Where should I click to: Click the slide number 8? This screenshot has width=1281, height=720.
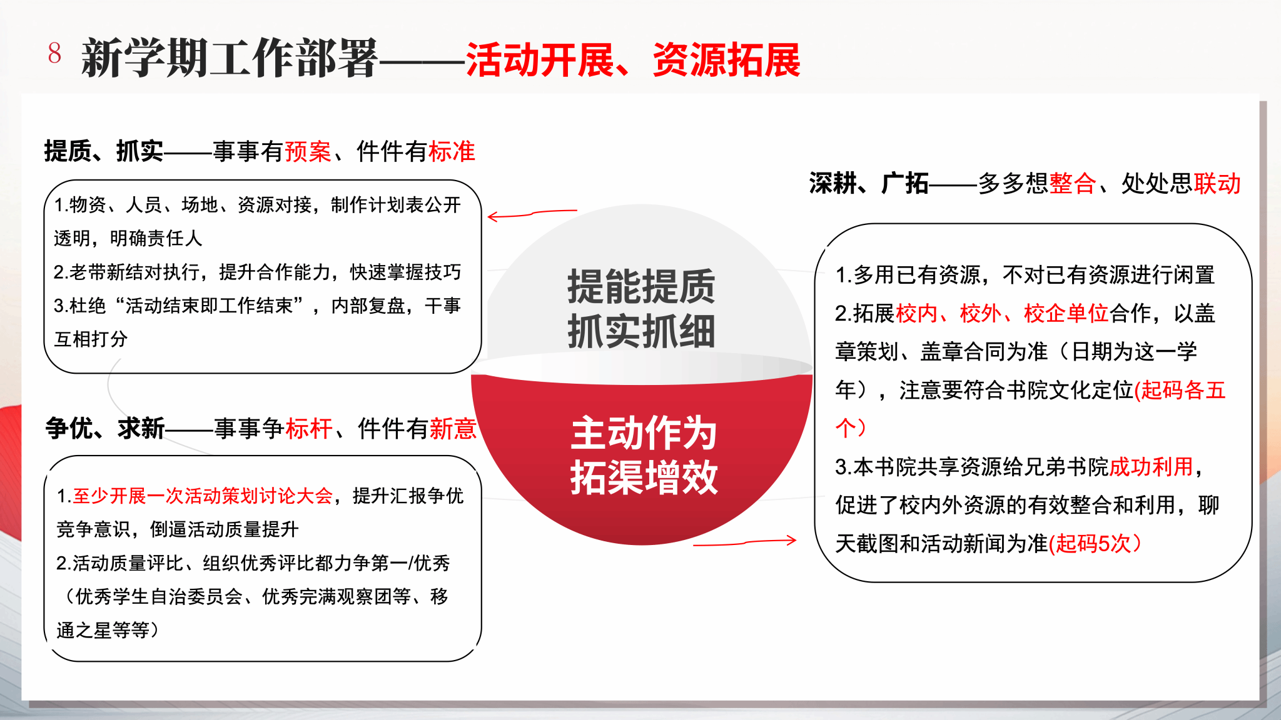coord(54,53)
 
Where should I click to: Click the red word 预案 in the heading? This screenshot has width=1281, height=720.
coord(308,151)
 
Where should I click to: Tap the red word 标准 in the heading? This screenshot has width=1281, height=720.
coord(452,151)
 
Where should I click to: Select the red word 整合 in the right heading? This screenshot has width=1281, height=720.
coord(1072,183)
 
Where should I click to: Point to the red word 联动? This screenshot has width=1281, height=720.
coord(1217,183)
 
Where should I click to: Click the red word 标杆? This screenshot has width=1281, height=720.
coord(309,428)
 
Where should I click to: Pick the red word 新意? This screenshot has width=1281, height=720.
coord(453,428)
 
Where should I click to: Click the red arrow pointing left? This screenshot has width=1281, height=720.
coord(532,214)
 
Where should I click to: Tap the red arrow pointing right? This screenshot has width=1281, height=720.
coord(745,542)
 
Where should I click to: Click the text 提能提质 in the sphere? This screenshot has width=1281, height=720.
coord(641,286)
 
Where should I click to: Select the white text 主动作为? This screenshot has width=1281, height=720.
coord(644,432)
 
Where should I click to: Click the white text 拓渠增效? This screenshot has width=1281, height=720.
coord(644,477)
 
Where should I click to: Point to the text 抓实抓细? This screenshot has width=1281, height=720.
coord(641,331)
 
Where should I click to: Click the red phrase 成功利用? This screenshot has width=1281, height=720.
coord(1151,466)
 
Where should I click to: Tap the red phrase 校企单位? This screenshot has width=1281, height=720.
coord(1066,312)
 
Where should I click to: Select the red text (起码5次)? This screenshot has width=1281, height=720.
coord(1095,543)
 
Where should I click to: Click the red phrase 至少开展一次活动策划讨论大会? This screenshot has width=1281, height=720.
coord(203,496)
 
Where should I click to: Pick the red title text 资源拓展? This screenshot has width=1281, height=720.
coord(726,60)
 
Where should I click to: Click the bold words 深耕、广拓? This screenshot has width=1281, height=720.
coord(869,183)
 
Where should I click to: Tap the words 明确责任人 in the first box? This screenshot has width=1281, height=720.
coord(156,238)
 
